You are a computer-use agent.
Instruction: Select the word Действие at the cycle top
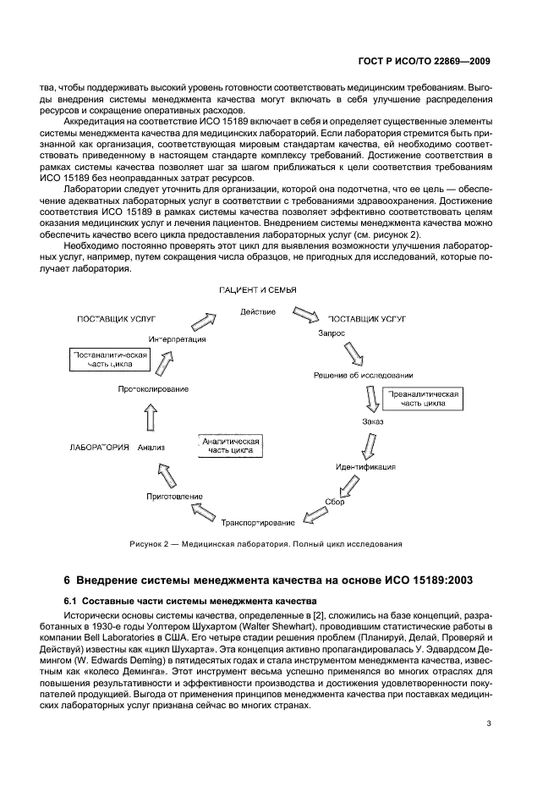258,312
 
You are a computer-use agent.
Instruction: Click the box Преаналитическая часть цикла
423,399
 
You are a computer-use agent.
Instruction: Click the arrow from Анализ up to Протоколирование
151,416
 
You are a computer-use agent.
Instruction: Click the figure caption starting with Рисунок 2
266,543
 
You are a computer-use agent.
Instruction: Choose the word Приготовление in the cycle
174,495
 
